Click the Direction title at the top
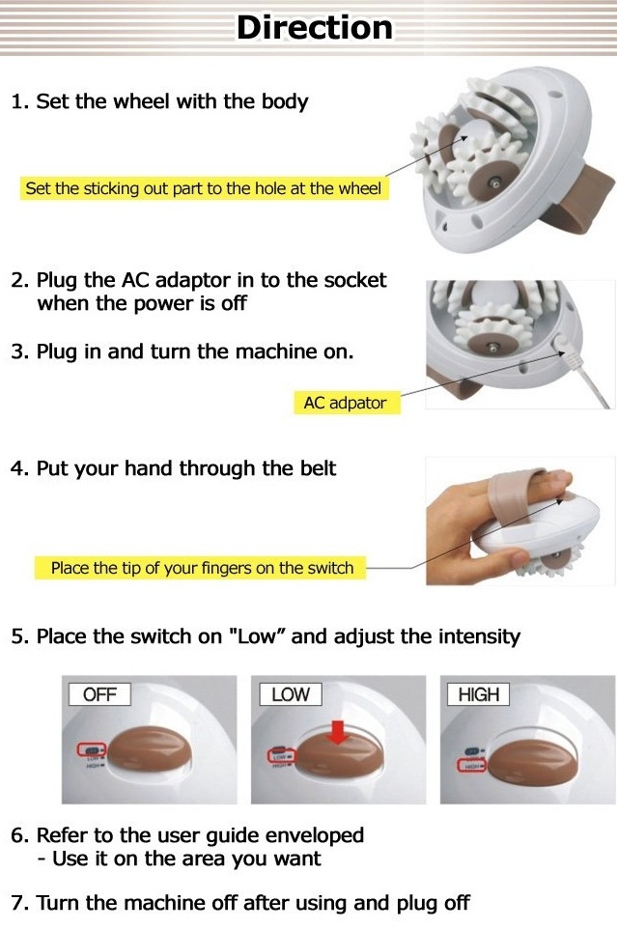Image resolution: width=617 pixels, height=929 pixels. pyautogui.click(x=315, y=27)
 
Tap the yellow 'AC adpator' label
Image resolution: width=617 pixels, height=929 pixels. pyautogui.click(x=345, y=404)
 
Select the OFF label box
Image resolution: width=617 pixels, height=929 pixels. pyautogui.click(x=99, y=694)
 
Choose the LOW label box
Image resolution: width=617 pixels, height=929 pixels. pyautogui.click(x=290, y=694)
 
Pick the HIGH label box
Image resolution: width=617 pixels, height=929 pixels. pyautogui.click(x=478, y=694)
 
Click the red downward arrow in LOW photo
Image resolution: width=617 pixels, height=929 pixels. pyautogui.click(x=337, y=733)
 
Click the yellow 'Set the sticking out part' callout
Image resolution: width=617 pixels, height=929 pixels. pyautogui.click(x=203, y=188)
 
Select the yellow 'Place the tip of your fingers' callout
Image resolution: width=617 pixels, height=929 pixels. pyautogui.click(x=202, y=568)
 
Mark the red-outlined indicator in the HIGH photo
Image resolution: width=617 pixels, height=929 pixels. pyautogui.click(x=471, y=766)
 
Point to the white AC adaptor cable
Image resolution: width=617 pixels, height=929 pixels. pyautogui.click(x=592, y=381)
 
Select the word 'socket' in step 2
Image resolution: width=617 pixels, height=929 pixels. pyautogui.click(x=353, y=280)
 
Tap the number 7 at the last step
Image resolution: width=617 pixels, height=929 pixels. pyautogui.click(x=16, y=903)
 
